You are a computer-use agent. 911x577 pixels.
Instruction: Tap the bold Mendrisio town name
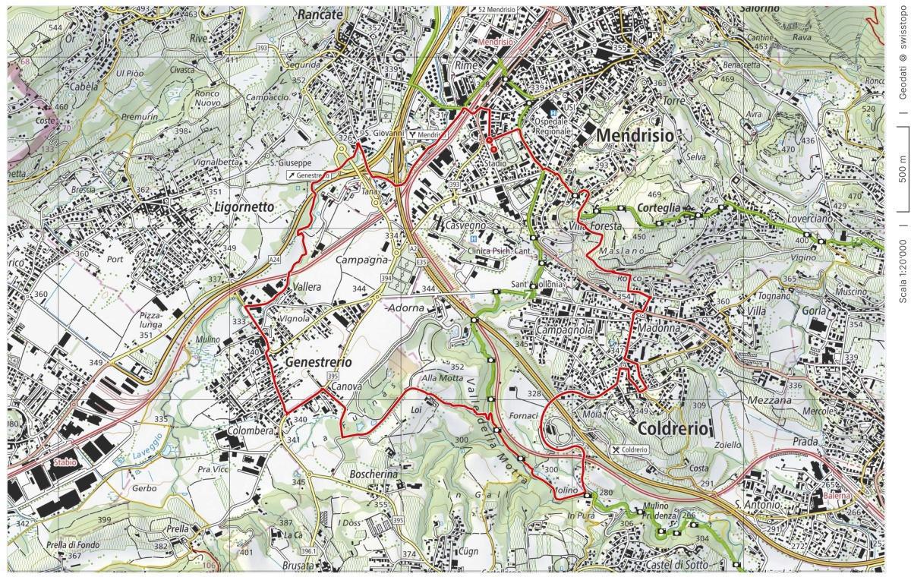point(635,135)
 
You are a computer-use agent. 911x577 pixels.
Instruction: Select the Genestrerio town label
point(319,363)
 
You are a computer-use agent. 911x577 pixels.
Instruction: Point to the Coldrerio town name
point(674,429)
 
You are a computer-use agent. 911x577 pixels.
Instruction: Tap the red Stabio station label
point(65,462)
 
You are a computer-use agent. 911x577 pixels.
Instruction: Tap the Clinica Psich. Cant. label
point(499,251)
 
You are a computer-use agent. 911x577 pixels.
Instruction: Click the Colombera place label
point(250,430)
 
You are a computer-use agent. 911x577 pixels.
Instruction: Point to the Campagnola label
point(564,332)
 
